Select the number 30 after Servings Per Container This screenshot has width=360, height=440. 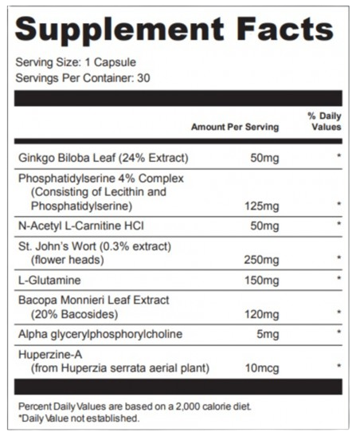coord(144,78)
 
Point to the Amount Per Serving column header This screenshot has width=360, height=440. coord(235,127)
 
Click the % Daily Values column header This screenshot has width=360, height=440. coord(324,121)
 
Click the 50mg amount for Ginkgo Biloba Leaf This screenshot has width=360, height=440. coord(264,157)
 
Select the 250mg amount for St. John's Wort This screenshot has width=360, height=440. coord(262,259)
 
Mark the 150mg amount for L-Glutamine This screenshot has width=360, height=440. coord(262,280)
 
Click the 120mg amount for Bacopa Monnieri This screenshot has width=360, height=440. coord(262,313)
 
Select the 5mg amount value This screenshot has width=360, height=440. coord(267,333)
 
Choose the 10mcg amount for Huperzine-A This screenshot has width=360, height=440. coord(262,367)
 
